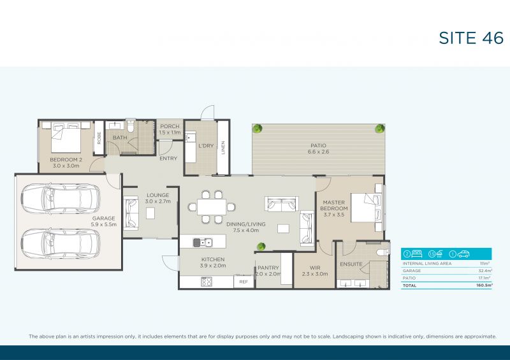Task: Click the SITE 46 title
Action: [x=470, y=38]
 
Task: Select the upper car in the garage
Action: [x=61, y=198]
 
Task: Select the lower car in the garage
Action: [x=61, y=241]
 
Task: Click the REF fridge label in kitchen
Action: [x=243, y=281]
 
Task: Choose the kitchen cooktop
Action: [x=207, y=281]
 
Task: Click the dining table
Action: [x=212, y=207]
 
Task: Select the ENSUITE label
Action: [x=351, y=264]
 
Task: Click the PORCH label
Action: [x=170, y=126]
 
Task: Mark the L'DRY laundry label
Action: [x=206, y=146]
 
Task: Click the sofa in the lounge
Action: [x=132, y=213]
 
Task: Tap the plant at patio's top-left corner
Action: [x=258, y=129]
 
